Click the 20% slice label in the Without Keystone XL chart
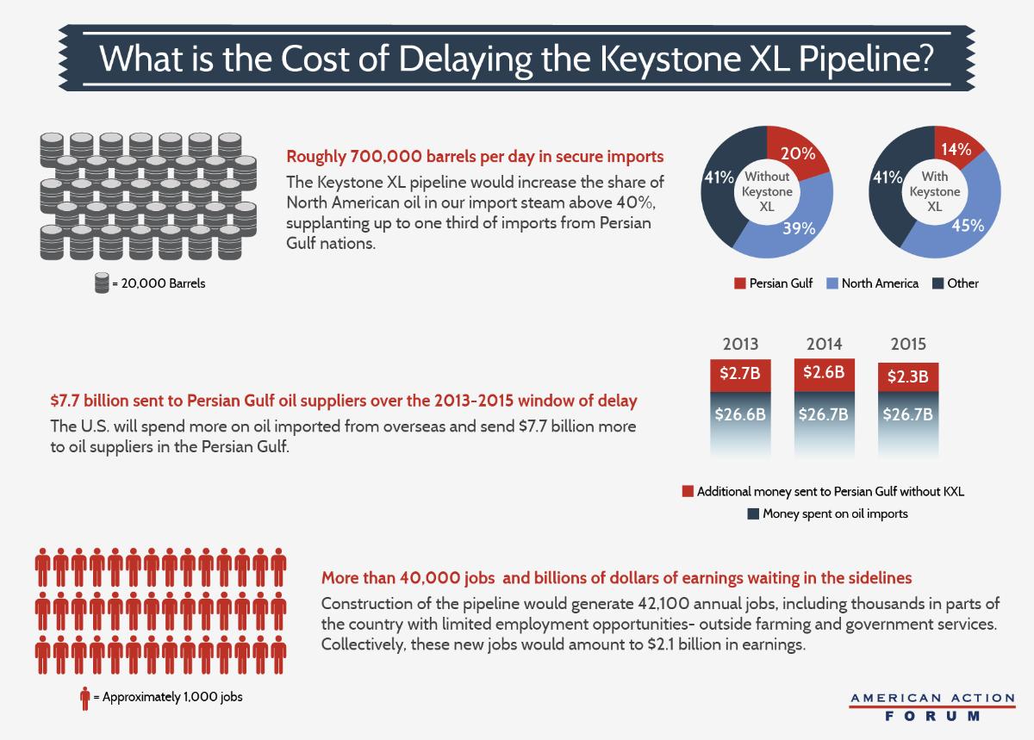(x=798, y=153)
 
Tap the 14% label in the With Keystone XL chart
(x=956, y=149)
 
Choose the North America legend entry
(x=872, y=283)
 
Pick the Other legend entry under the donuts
(x=956, y=283)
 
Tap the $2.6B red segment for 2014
(x=824, y=374)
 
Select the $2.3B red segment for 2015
(x=907, y=376)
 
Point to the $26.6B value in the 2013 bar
(x=740, y=415)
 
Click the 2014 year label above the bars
(x=824, y=344)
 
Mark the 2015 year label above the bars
(x=907, y=344)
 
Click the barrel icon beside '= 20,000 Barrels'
(x=102, y=283)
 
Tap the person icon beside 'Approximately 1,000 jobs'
(x=84, y=696)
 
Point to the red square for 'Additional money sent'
(x=688, y=491)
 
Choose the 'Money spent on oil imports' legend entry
(x=825, y=513)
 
